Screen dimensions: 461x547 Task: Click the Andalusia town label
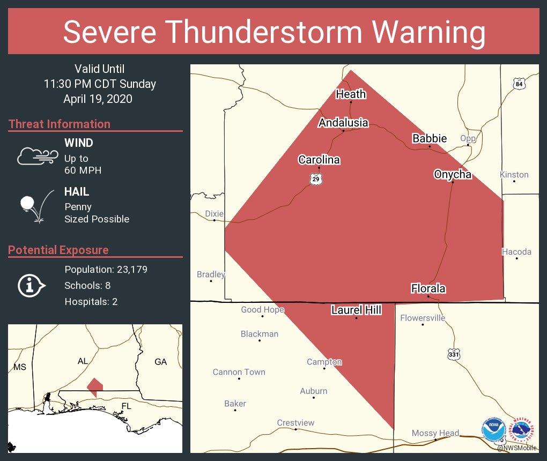[343, 123]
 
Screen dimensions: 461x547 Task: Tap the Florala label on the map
[428, 288]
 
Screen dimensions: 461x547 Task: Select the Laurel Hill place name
[356, 310]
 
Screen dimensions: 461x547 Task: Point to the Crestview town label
[295, 423]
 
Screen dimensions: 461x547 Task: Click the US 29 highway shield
[316, 179]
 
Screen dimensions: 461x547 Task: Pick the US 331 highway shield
[454, 355]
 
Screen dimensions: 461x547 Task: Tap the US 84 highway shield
[518, 84]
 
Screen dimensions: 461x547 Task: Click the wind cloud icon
[36, 156]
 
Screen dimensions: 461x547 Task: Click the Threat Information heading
[60, 124]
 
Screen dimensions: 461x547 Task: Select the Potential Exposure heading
[58, 250]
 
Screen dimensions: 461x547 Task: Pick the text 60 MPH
[83, 170]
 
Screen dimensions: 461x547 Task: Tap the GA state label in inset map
[160, 362]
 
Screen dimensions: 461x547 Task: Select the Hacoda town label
[516, 252]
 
